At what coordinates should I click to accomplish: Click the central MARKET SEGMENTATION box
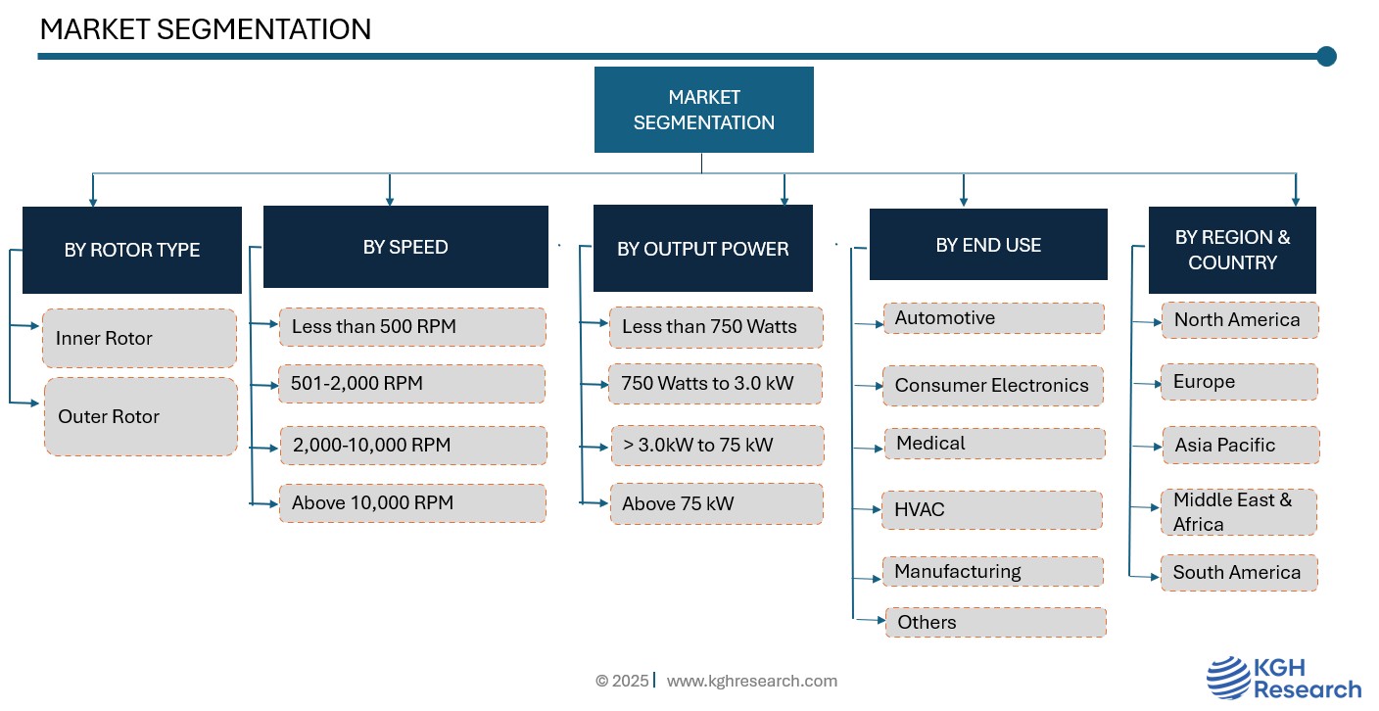point(703,110)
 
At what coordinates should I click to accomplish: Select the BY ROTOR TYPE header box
point(132,250)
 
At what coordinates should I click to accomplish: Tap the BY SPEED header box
point(405,247)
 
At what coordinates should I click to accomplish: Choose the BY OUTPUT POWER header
point(703,248)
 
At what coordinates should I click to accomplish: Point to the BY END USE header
point(988,245)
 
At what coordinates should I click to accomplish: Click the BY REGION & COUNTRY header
point(1232,250)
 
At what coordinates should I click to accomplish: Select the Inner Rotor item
point(140,338)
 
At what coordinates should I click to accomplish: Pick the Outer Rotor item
point(141,417)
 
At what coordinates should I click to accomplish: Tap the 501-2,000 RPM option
point(412,384)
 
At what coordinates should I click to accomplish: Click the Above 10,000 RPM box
point(412,503)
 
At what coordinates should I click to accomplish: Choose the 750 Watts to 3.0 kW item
point(715,384)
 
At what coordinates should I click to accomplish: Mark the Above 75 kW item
point(717,503)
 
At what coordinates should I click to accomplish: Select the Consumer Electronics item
point(993,385)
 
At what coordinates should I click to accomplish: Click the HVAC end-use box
point(992,509)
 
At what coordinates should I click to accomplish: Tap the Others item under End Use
point(996,622)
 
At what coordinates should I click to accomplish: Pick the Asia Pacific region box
point(1241,445)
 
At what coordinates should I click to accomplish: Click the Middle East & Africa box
point(1239,511)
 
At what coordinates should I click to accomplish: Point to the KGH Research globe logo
point(1229,678)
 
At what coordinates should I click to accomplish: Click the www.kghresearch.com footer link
point(751,681)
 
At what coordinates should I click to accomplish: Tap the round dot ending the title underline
point(1327,56)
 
